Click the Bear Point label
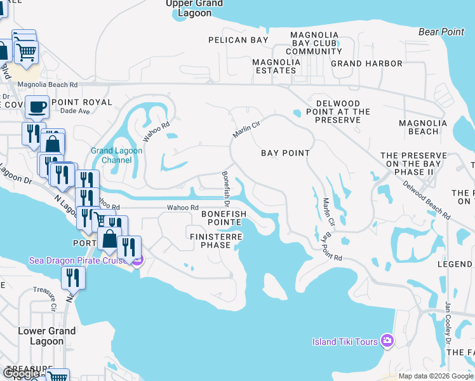443,31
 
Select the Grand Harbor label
366,63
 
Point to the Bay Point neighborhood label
286,153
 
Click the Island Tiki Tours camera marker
387,342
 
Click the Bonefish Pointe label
222,218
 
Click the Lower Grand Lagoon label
47,336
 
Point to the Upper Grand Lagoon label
194,8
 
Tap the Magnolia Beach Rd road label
48,84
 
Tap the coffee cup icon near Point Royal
37,107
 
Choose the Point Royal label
82,102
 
